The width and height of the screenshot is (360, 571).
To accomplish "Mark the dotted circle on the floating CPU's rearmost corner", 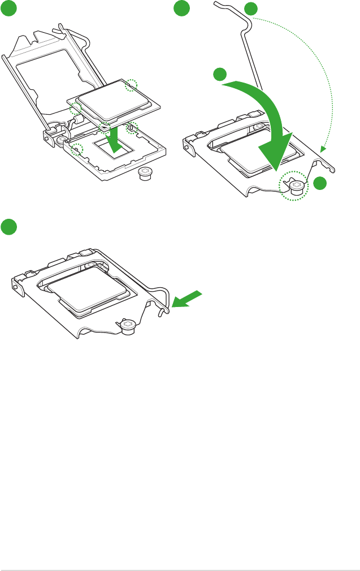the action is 131,85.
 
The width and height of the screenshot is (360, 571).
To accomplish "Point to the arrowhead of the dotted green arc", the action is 323,150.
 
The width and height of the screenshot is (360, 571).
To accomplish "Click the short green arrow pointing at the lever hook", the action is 186,300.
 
